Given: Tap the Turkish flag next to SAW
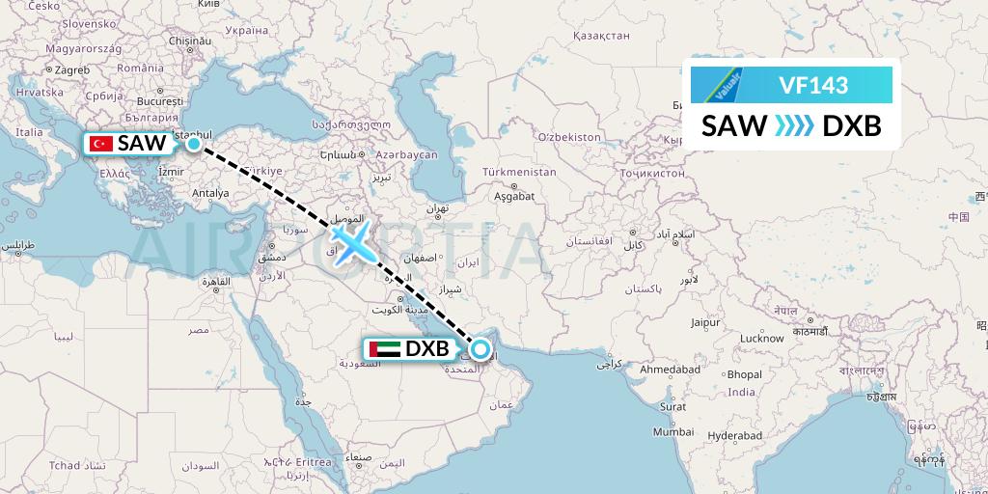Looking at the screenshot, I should tap(101, 144).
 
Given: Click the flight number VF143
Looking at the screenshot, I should tap(813, 86).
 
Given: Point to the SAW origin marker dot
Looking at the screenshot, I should tap(194, 144).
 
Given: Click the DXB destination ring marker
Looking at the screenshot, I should tap(480, 348).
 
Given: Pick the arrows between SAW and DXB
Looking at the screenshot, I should tap(794, 125).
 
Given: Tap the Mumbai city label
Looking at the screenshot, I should tap(672, 432).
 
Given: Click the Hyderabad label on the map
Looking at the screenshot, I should tap(735, 436).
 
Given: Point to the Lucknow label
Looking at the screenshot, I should tap(761, 339).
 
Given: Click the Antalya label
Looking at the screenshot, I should tap(211, 192).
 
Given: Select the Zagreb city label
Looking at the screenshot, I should tap(71, 69).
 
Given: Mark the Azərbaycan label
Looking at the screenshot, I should tap(407, 154).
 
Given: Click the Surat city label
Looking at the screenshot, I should tap(672, 406).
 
